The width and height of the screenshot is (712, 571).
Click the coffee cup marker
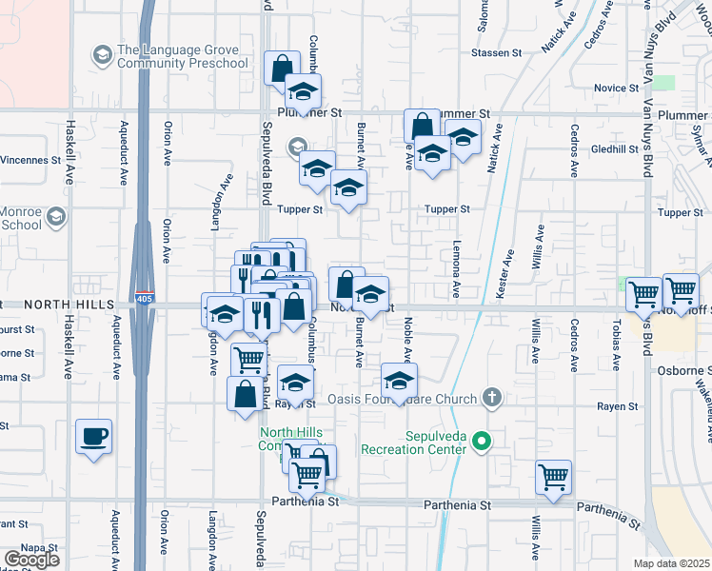pyautogui.click(x=93, y=437)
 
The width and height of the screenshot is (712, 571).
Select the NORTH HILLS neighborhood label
pyautogui.click(x=69, y=304)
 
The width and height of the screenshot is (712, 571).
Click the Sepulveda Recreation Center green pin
pyautogui.click(x=483, y=440)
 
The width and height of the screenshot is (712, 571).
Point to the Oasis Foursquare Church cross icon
pyautogui.click(x=491, y=396)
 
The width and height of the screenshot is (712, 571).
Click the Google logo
pyautogui.click(x=31, y=560)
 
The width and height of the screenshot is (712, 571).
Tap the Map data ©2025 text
pyautogui.click(x=672, y=563)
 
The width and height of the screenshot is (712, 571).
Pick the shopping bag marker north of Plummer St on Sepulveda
pyautogui.click(x=281, y=69)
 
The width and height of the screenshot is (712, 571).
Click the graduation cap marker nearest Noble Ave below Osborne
pyautogui.click(x=399, y=381)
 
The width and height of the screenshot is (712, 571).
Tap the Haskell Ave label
pyautogui.click(x=69, y=152)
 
